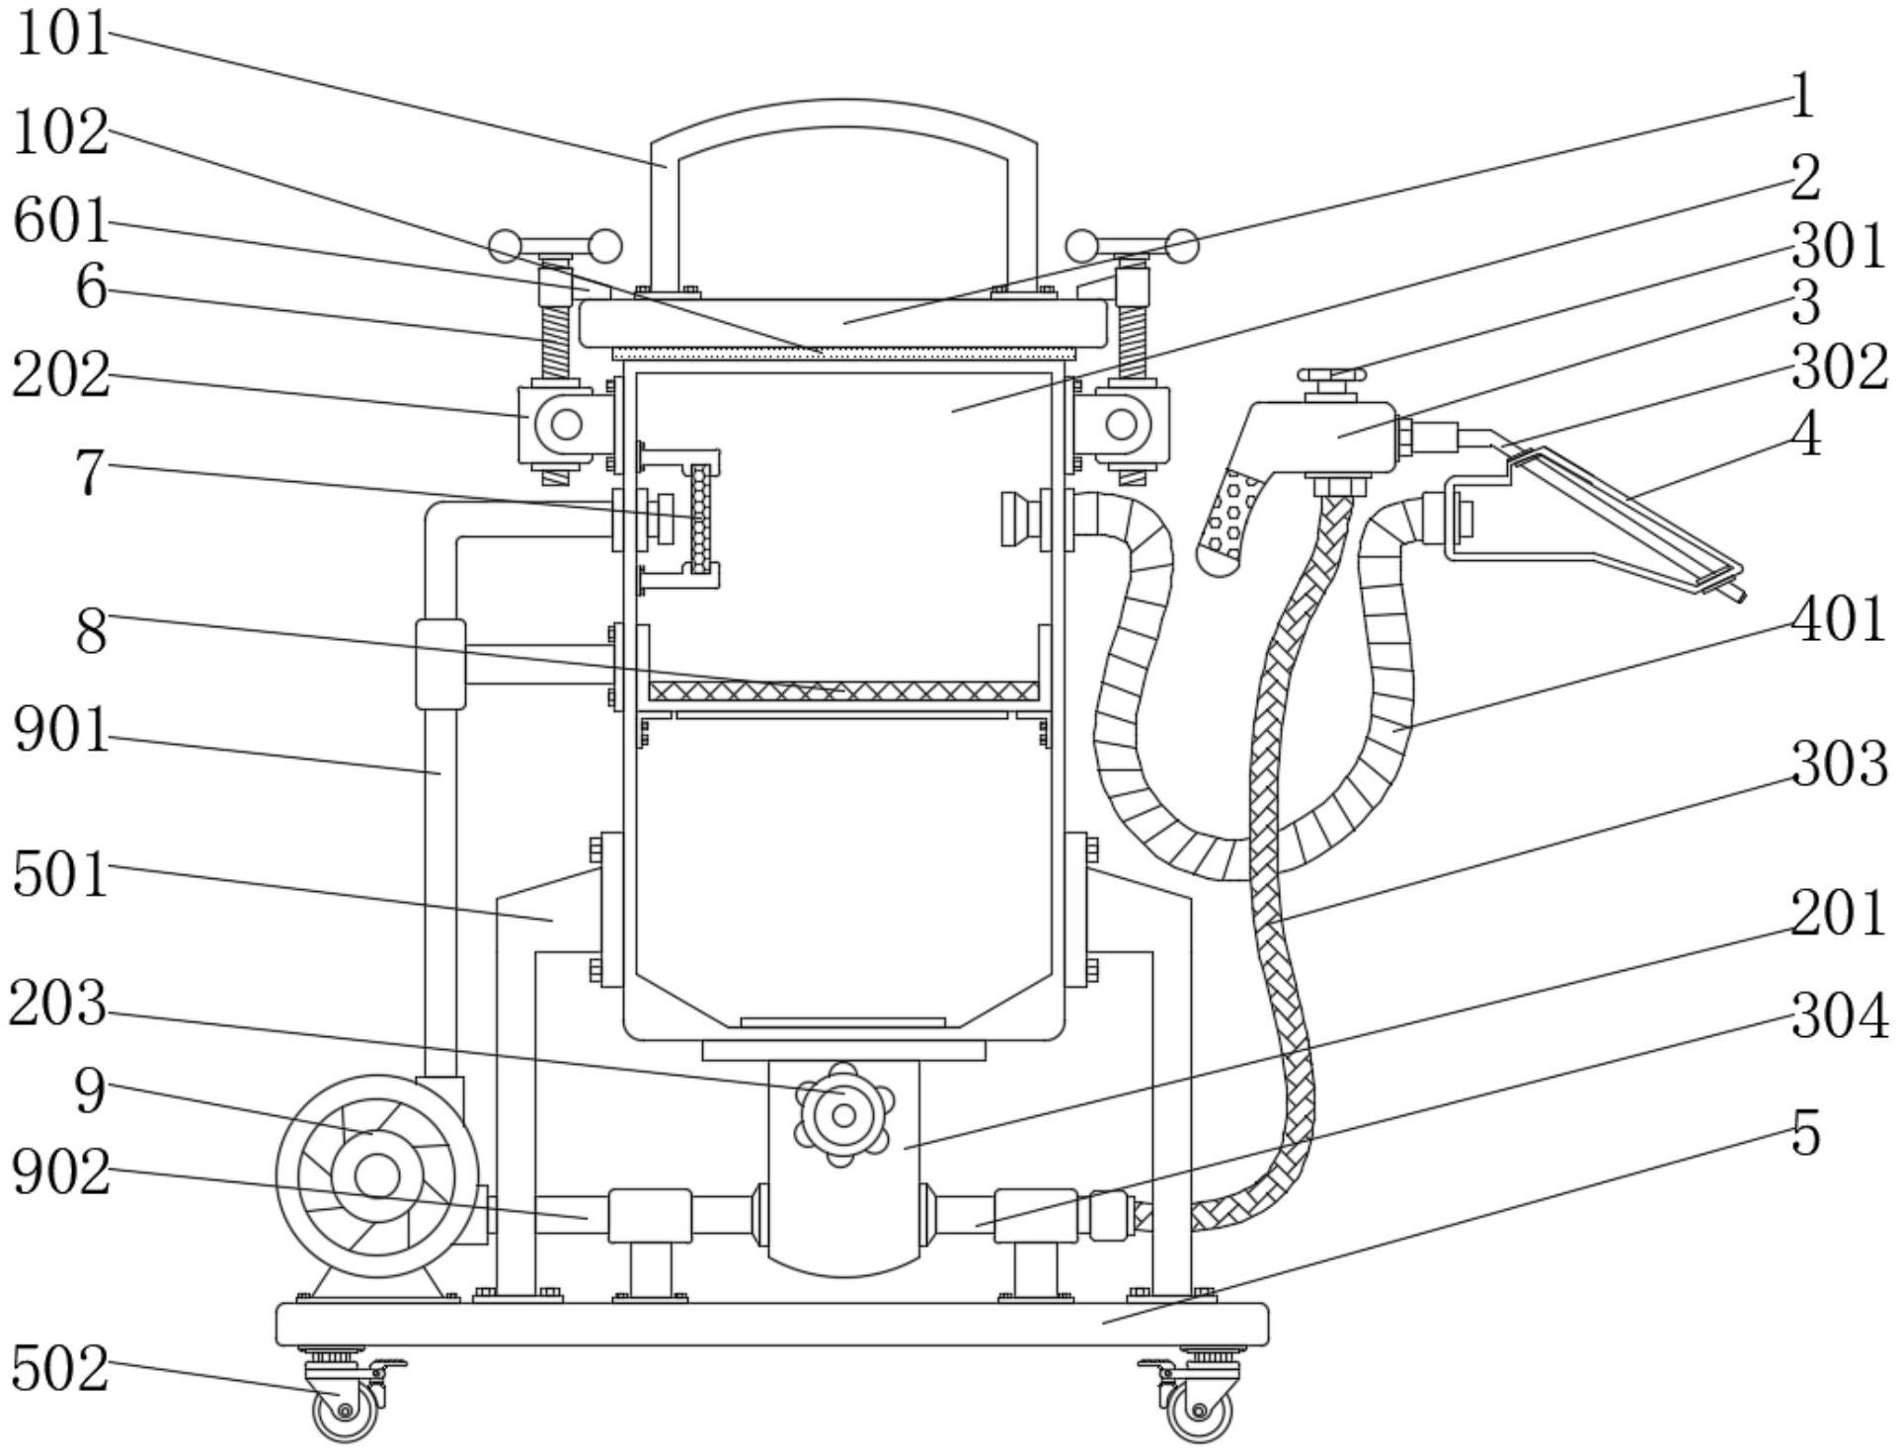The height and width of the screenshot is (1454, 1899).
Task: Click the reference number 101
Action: click(x=61, y=36)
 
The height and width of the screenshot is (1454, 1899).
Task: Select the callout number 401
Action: click(x=1839, y=621)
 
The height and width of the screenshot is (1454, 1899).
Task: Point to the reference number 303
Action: click(x=1839, y=766)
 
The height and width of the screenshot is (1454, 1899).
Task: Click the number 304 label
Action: click(x=1839, y=1016)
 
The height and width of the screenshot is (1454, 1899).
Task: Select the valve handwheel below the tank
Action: click(x=843, y=1114)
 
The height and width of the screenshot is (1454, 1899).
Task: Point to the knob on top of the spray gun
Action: click(x=1331, y=374)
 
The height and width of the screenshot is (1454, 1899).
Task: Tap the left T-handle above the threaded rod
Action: click(x=556, y=246)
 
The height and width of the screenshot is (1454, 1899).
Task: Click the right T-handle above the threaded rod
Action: click(x=1133, y=245)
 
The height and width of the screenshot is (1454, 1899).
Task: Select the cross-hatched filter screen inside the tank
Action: click(x=843, y=690)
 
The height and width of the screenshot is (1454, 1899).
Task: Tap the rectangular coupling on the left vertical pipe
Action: click(x=440, y=664)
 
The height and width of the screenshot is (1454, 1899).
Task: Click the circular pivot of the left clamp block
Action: click(x=566, y=425)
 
